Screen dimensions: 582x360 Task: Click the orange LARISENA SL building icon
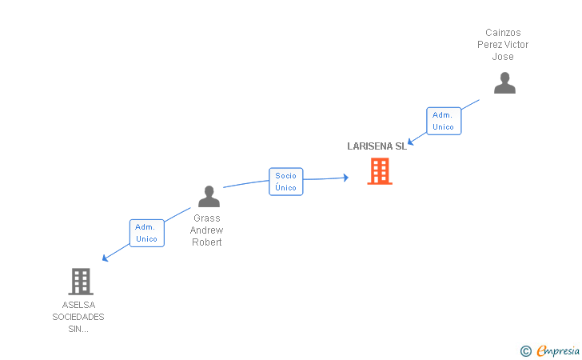[x=380, y=170]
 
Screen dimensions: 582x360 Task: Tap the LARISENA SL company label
[x=377, y=146]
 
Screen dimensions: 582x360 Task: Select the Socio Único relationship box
[x=285, y=182]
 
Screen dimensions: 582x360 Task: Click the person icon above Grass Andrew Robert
[x=209, y=197]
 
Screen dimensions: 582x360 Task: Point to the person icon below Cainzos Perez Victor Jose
[x=504, y=83]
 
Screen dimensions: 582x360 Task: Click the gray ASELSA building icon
[x=81, y=282]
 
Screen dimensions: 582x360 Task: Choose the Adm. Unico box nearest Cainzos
[x=443, y=121]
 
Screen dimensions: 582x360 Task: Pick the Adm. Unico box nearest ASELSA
[x=146, y=233]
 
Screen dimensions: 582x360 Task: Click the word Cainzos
[x=503, y=33]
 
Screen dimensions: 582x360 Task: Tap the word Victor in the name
[x=516, y=45]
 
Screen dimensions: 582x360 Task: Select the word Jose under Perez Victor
[x=503, y=57]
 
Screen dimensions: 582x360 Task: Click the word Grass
[x=206, y=218]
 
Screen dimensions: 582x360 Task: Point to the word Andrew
[x=206, y=230]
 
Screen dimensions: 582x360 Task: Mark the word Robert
[x=206, y=242]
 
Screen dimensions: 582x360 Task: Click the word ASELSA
[x=78, y=305]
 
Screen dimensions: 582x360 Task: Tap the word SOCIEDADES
[x=78, y=317]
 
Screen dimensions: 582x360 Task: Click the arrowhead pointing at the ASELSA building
[x=105, y=258]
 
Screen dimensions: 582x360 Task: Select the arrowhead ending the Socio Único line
[x=345, y=178]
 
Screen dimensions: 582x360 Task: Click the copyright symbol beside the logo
[x=525, y=350]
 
